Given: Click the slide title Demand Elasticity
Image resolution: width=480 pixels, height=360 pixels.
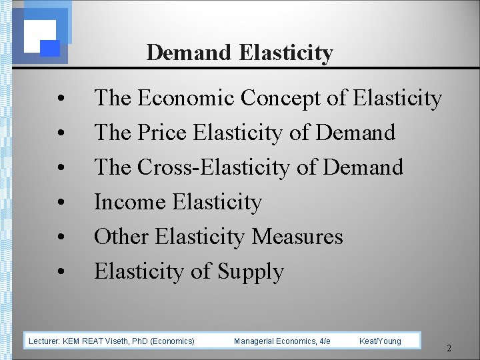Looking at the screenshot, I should [x=239, y=52].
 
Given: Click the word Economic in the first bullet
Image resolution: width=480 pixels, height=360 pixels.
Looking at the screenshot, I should [x=186, y=99].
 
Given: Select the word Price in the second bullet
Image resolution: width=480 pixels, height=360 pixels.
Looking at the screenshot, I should [x=163, y=133].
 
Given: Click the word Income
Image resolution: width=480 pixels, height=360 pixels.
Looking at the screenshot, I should [x=131, y=202].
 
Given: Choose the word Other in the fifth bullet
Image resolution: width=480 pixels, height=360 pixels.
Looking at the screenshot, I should [x=122, y=237].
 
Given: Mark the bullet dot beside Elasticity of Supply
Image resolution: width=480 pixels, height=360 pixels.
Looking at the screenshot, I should [x=61, y=273].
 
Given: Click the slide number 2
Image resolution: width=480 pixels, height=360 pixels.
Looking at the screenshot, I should [x=449, y=348].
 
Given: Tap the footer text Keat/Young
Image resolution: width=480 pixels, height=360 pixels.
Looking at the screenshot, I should [x=380, y=341].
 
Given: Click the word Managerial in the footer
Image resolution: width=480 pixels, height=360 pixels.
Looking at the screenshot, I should [x=254, y=341].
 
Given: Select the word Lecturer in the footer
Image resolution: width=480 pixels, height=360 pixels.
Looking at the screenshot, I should [x=43, y=341].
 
